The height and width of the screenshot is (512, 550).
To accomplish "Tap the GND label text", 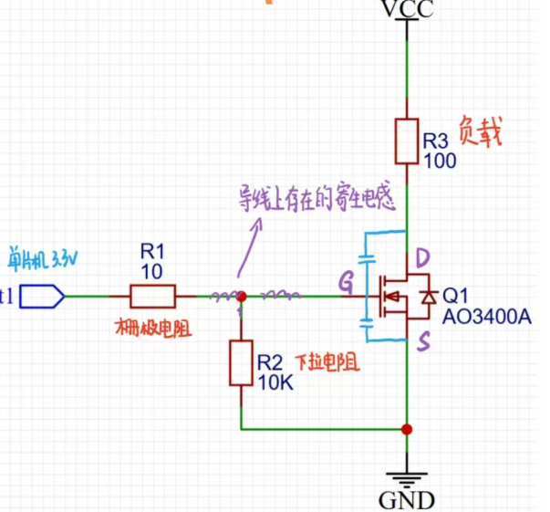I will click(406, 499).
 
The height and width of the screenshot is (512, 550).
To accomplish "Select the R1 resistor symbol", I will click(152, 296).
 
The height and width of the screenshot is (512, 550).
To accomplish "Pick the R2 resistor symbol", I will click(241, 363).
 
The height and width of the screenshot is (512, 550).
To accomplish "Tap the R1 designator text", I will click(152, 250).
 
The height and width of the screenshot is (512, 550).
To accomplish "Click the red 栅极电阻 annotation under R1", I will click(153, 328).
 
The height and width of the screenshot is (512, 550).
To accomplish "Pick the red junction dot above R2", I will click(241, 297).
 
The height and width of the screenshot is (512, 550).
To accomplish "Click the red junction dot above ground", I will click(407, 428).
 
